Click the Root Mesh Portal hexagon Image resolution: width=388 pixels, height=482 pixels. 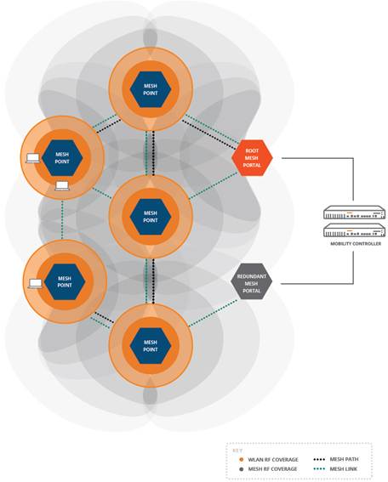[x=252, y=158]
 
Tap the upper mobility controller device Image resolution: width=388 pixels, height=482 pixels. [x=354, y=213]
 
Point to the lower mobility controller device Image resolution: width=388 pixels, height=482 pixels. [x=354, y=230]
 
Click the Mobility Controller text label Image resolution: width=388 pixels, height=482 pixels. [x=356, y=244]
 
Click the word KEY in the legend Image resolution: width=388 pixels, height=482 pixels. [x=237, y=451]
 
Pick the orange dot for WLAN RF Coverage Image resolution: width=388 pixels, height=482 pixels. [x=242, y=460]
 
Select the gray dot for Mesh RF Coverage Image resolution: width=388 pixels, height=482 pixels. [x=242, y=469]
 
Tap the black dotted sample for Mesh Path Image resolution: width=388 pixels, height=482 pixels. [x=319, y=460]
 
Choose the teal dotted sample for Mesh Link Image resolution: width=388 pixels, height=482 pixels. [x=319, y=469]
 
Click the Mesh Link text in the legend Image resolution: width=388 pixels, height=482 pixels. [x=344, y=469]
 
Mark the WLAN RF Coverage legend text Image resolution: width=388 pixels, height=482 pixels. [x=273, y=460]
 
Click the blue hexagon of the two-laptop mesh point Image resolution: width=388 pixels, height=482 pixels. [x=62, y=158]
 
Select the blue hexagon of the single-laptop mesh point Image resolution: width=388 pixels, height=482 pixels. [x=65, y=281]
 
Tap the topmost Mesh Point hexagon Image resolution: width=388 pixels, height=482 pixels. [x=151, y=89]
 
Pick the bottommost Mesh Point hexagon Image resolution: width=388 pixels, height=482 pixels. [x=151, y=346]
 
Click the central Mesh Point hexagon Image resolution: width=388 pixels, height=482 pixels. [x=151, y=217]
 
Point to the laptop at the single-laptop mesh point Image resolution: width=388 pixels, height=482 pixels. [x=36, y=284]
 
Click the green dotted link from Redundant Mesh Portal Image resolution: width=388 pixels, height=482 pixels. [x=213, y=313]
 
